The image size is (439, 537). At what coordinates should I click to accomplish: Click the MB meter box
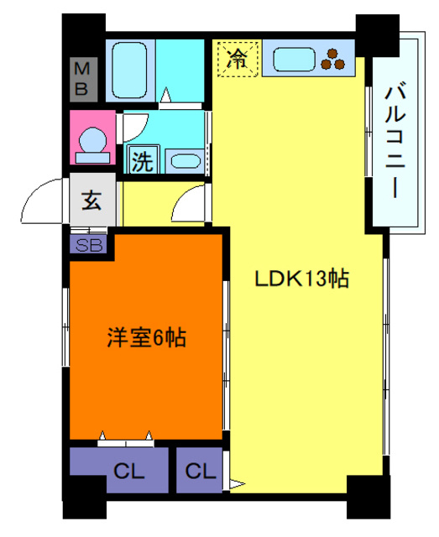coord(84,78)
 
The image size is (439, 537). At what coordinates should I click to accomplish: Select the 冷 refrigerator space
coord(238,59)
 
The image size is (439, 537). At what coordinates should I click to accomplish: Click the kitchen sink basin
coord(295,60)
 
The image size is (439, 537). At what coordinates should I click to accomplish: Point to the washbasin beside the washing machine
coord(184,160)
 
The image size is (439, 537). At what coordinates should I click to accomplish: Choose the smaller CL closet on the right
coord(199,471)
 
